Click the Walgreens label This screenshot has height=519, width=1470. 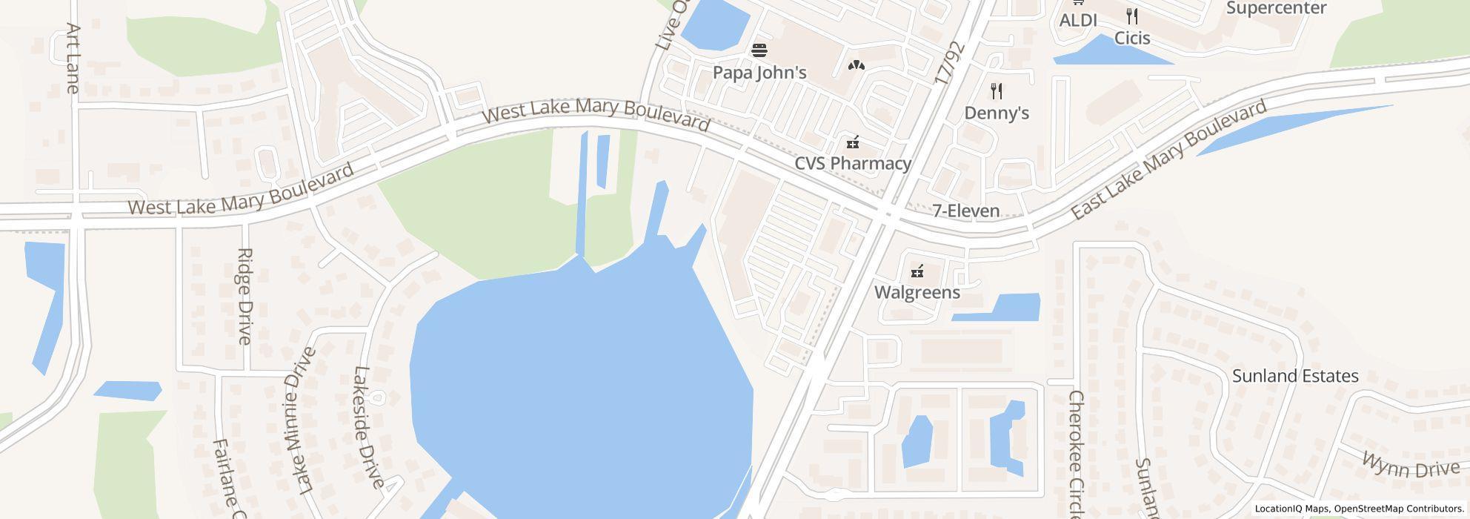tap(917, 292)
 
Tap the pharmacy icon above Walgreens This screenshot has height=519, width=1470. tap(917, 271)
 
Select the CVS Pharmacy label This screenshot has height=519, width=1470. tap(852, 163)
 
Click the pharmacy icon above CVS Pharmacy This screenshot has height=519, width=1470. tap(853, 142)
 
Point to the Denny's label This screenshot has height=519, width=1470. tap(997, 113)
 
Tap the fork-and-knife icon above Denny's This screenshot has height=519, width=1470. tap(997, 91)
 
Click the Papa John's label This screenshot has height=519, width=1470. tap(759, 73)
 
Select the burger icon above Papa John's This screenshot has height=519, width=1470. tap(759, 50)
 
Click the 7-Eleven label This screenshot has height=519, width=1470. tap(966, 211)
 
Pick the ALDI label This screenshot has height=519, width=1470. tap(1078, 21)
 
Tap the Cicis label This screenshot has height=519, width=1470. tap(1132, 37)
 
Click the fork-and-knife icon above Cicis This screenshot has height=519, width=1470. tap(1132, 16)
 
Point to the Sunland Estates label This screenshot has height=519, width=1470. tap(1295, 376)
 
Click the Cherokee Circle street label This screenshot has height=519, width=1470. tap(1077, 454)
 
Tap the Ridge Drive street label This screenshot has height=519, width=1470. tap(245, 296)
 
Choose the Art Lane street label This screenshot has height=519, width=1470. tap(73, 58)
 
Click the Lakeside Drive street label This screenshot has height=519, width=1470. tap(368, 427)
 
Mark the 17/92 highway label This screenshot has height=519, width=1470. tap(950, 62)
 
